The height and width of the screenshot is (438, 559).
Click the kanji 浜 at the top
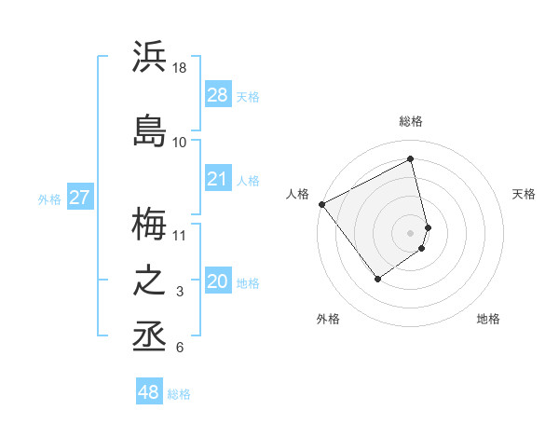coord(149,58)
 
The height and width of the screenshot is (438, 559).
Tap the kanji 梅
coord(149,224)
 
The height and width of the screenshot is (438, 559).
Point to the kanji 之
coord(149,281)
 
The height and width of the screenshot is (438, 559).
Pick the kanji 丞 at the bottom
coord(149,336)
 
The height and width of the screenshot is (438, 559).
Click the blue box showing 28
coord(217,95)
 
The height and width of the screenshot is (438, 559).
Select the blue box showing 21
coord(217,179)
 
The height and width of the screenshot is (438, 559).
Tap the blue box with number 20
coord(217,281)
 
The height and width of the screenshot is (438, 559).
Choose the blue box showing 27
coord(79,198)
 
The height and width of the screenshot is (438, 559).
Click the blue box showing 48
coord(149,392)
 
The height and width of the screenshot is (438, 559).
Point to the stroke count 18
coord(180,68)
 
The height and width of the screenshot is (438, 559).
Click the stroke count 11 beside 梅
coord(180,234)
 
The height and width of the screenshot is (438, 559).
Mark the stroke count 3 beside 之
coord(180,292)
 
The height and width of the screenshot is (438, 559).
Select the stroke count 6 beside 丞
coord(180,348)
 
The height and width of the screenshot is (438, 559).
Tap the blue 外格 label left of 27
coord(49,198)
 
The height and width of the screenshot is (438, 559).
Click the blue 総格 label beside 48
coord(179,394)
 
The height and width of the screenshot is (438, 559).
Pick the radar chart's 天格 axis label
coord(524,194)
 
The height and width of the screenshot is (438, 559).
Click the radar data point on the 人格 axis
coord(321,204)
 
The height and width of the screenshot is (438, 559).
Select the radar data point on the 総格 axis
coord(410,159)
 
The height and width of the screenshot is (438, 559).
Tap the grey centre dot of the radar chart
coord(410,231)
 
